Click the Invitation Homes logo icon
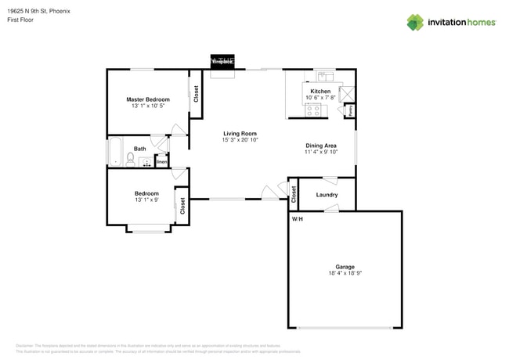tap(414, 22)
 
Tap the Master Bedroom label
tap(148, 99)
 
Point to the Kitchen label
tap(320, 92)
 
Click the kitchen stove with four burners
tap(315, 110)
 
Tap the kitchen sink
tap(324, 77)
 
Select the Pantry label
tap(349, 110)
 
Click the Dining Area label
tap(321, 146)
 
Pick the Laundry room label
tap(327, 194)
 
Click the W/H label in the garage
tap(298, 219)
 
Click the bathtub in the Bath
tap(115, 151)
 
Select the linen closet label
tap(161, 162)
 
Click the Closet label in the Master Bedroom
tap(196, 93)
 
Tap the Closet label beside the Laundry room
tap(294, 194)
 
